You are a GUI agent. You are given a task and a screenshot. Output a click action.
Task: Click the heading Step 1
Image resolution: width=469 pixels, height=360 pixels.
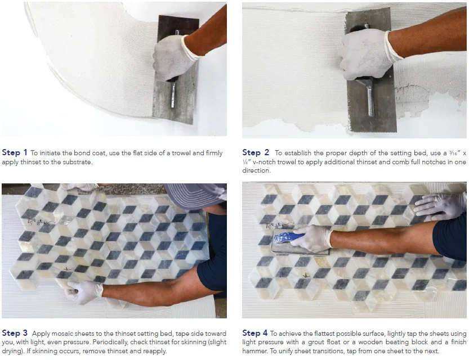pos(15,152)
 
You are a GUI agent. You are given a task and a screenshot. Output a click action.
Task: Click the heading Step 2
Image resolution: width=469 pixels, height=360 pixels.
pos(256,152)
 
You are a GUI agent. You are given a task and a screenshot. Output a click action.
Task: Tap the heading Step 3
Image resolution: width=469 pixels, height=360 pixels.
pos(15,333)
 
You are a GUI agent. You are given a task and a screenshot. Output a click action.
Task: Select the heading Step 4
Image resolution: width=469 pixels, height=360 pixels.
pos(255,333)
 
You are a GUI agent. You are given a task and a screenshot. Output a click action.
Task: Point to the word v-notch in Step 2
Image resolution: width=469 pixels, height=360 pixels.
pos(264,162)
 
